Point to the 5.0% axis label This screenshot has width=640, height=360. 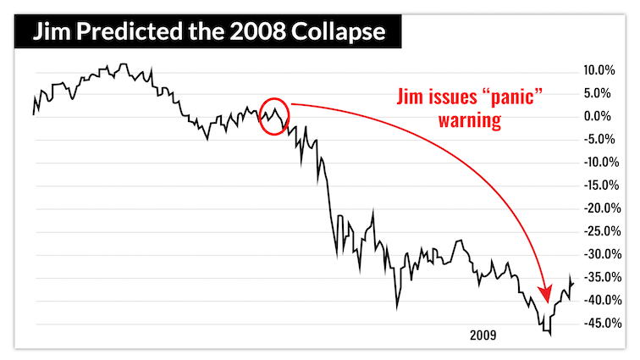600,93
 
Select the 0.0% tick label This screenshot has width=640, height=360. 600,116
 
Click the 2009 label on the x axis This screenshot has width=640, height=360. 484,336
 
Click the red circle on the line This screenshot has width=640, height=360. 274,116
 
